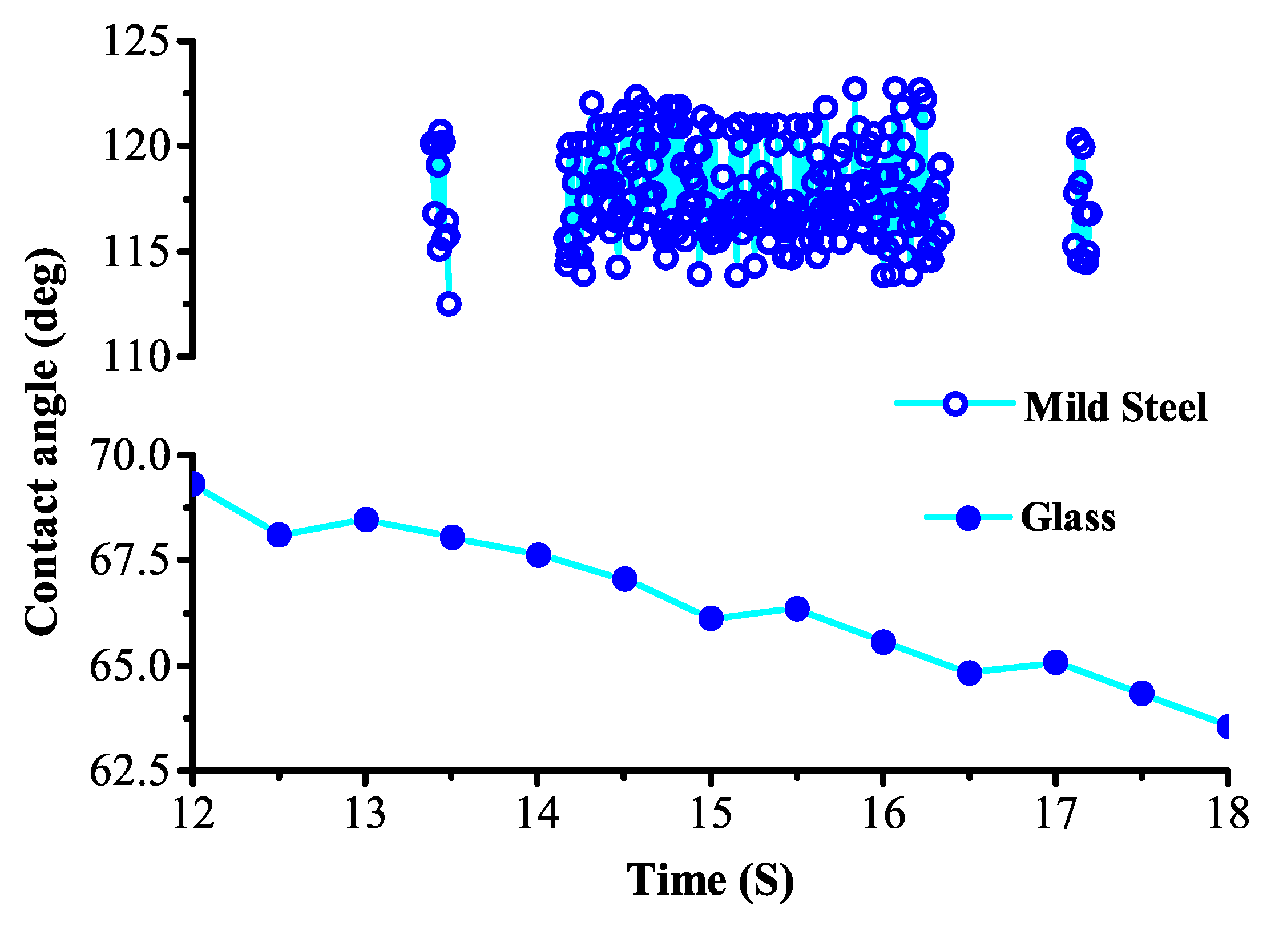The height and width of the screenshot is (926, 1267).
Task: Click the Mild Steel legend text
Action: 1115,408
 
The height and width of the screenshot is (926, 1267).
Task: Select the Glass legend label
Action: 1068,518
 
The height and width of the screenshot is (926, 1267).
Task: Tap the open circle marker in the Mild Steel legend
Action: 955,404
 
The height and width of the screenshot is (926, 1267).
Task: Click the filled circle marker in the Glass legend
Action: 968,518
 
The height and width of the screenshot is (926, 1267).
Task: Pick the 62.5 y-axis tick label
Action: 130,771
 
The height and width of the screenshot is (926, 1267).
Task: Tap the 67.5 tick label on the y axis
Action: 130,561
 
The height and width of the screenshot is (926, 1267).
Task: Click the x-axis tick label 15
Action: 711,813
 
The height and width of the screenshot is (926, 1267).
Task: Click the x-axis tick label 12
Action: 193,813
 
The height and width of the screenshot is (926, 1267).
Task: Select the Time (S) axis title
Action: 710,880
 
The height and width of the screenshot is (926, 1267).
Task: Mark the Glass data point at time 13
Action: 366,520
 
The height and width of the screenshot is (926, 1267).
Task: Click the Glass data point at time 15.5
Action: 797,609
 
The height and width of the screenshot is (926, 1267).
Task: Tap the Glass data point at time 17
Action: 1055,662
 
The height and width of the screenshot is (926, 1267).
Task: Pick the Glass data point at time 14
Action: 538,555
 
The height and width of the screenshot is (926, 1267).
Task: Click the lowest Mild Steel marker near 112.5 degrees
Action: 449,304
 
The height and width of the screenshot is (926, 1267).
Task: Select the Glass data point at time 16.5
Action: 969,673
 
